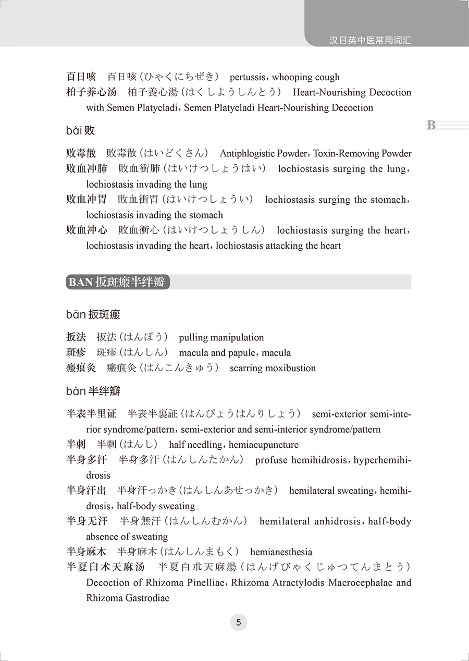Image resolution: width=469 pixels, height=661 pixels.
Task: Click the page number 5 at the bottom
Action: pos(238,622)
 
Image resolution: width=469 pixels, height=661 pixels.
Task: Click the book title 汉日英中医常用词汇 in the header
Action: pos(371,40)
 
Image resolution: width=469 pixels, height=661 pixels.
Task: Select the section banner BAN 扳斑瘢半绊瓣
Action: pos(118,282)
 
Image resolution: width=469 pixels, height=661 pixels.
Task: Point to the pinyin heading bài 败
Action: pos(81,130)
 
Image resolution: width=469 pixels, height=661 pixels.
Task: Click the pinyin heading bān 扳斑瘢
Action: pos(93,314)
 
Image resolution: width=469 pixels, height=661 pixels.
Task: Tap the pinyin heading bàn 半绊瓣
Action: pos(93,391)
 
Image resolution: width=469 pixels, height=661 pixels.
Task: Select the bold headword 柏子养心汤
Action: pos(91,92)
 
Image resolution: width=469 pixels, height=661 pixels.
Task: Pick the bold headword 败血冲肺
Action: pos(87,169)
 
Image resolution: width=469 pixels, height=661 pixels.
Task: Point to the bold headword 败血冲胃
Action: pos(87,200)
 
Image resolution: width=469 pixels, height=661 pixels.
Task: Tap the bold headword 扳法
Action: pos(76,337)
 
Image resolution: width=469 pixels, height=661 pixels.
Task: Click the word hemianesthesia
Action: pos(281,552)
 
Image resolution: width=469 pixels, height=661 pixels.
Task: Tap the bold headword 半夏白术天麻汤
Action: pos(106,567)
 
